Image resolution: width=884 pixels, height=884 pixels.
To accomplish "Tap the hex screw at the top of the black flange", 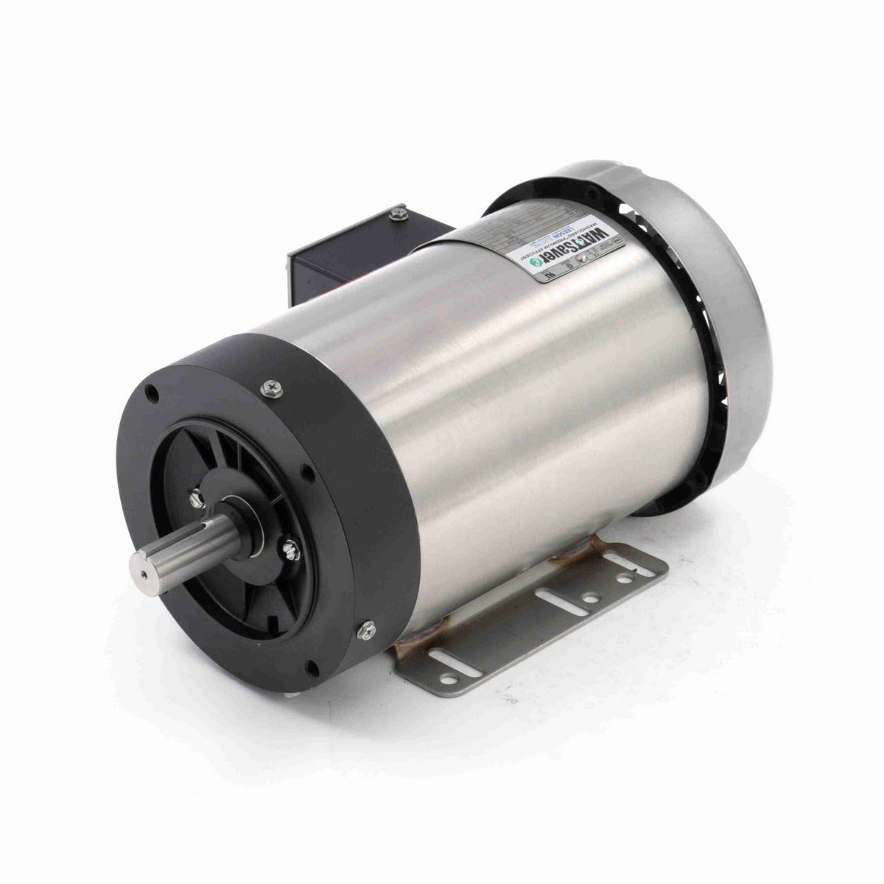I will coord(274,387).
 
